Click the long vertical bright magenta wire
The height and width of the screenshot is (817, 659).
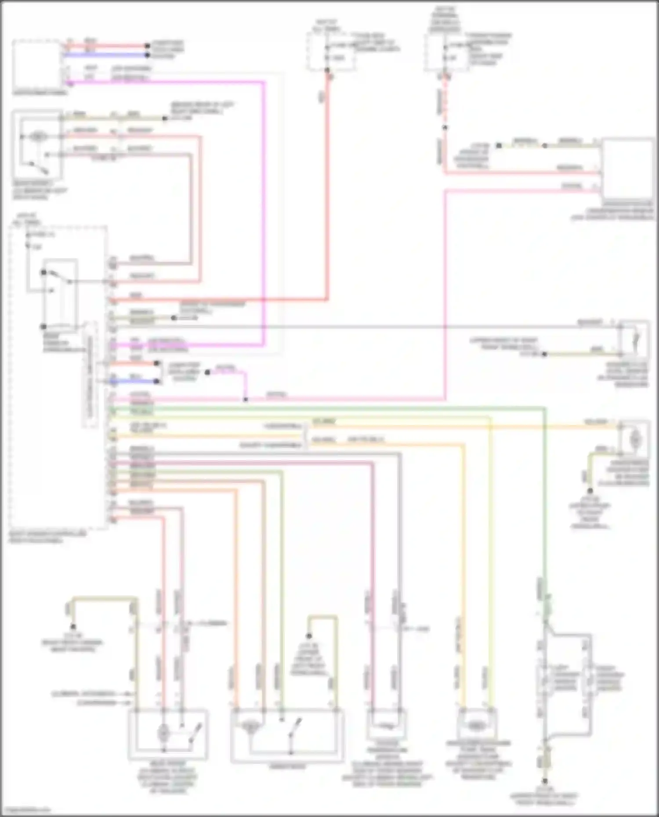264,211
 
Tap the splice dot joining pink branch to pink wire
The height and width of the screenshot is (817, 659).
246,400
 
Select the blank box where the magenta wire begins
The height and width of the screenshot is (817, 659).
37,65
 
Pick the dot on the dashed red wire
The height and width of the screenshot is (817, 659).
445,128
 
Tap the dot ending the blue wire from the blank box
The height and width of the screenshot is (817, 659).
148,55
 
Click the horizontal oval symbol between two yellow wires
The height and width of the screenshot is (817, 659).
476,726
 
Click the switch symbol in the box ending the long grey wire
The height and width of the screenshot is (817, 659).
636,339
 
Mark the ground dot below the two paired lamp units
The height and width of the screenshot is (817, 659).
545,781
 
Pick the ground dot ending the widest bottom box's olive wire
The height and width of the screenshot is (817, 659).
309,636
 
